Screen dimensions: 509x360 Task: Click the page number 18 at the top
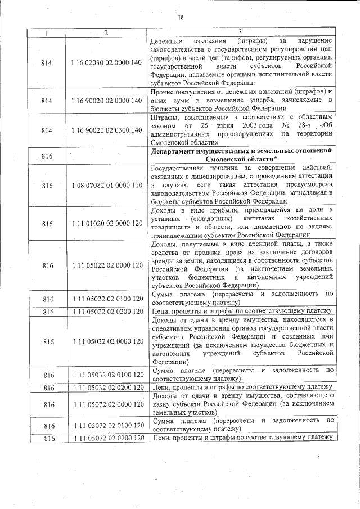tap(181, 17)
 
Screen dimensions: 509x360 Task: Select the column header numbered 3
tap(240, 33)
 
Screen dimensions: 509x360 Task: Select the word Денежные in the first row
tap(170, 42)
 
